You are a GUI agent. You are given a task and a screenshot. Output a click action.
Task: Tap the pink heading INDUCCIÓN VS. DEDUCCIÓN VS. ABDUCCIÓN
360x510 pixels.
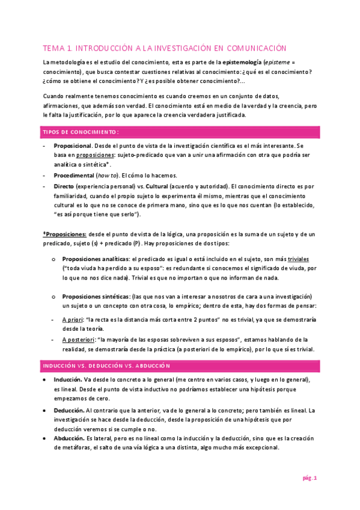(x=106, y=366)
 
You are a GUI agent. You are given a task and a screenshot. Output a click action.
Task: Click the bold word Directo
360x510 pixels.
(x=65, y=186)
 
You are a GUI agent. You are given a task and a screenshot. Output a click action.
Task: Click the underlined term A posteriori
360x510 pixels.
(x=79, y=340)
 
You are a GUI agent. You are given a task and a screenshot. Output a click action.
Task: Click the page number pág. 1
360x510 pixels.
(x=309, y=478)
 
